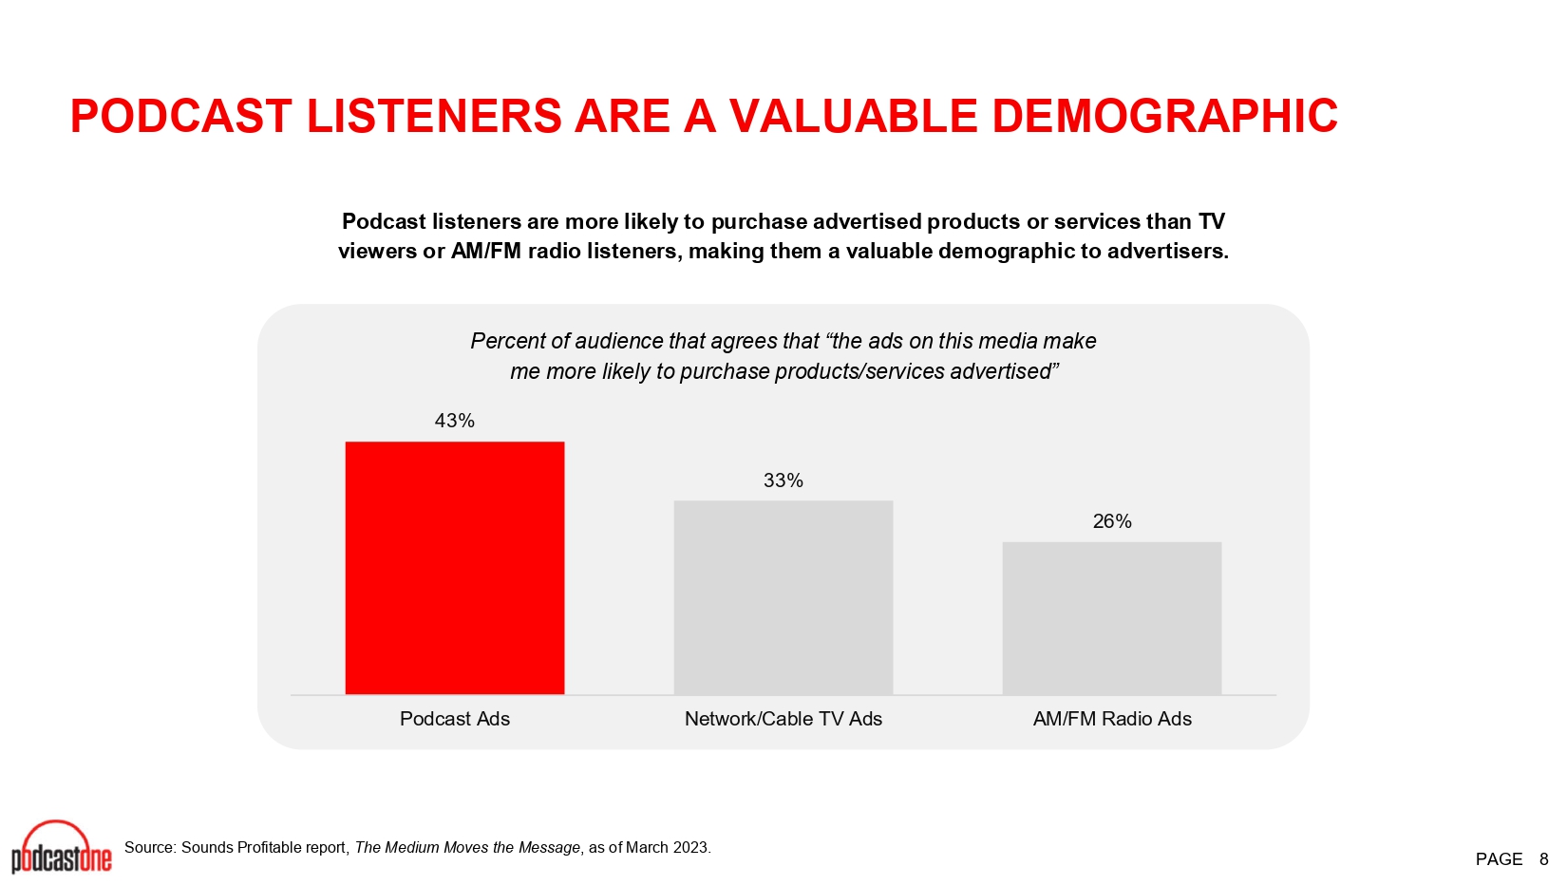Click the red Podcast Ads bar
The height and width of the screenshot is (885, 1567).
coord(455,568)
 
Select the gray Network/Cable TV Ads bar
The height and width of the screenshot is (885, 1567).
coord(783,597)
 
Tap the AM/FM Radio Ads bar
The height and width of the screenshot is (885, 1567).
coord(1112,618)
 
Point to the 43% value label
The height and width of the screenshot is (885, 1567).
coord(455,421)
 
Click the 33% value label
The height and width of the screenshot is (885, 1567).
coord(783,480)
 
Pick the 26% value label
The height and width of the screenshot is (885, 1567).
coord(1112,521)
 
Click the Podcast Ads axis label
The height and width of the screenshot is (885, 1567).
coord(455,719)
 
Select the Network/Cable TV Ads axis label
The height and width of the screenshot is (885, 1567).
coord(783,719)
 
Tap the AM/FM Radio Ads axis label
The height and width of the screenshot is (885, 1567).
coord(1112,719)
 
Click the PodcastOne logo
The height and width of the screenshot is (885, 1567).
coord(62,847)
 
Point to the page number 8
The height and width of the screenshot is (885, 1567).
coord(1544,859)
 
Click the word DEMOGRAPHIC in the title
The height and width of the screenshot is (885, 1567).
coord(1164,116)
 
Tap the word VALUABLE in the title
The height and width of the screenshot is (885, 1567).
coord(854,116)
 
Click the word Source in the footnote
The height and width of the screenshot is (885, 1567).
coord(149,848)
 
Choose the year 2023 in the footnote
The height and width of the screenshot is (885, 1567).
coord(691,848)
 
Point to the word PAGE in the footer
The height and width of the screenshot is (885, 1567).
coord(1500,859)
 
